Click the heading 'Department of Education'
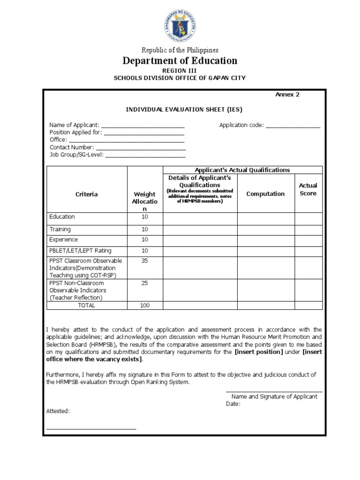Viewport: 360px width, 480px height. pos(180,60)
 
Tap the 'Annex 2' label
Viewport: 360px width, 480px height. pos(287,94)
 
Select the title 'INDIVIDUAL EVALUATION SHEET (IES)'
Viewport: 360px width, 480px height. pos(184,110)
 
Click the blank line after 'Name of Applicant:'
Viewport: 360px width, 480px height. pos(142,126)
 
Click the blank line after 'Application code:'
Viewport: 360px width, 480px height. pos(293,126)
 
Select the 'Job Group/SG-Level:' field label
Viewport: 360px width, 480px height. pos(76,155)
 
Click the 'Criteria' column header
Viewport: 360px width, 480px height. pos(87,194)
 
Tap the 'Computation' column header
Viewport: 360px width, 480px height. pos(265,194)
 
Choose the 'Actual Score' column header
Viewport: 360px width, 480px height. pos(308,189)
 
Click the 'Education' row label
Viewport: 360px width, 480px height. pos(62,217)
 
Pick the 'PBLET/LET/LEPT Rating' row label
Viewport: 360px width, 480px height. pos(80,251)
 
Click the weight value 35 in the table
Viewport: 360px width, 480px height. pos(144,261)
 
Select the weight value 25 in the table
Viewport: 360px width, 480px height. pos(144,283)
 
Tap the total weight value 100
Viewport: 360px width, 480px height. pos(144,305)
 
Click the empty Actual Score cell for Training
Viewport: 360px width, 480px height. pos(308,230)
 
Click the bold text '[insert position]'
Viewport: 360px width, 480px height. pos(259,352)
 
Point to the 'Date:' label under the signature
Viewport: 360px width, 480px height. pos(233,404)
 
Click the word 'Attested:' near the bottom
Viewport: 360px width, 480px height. pos(58,411)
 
